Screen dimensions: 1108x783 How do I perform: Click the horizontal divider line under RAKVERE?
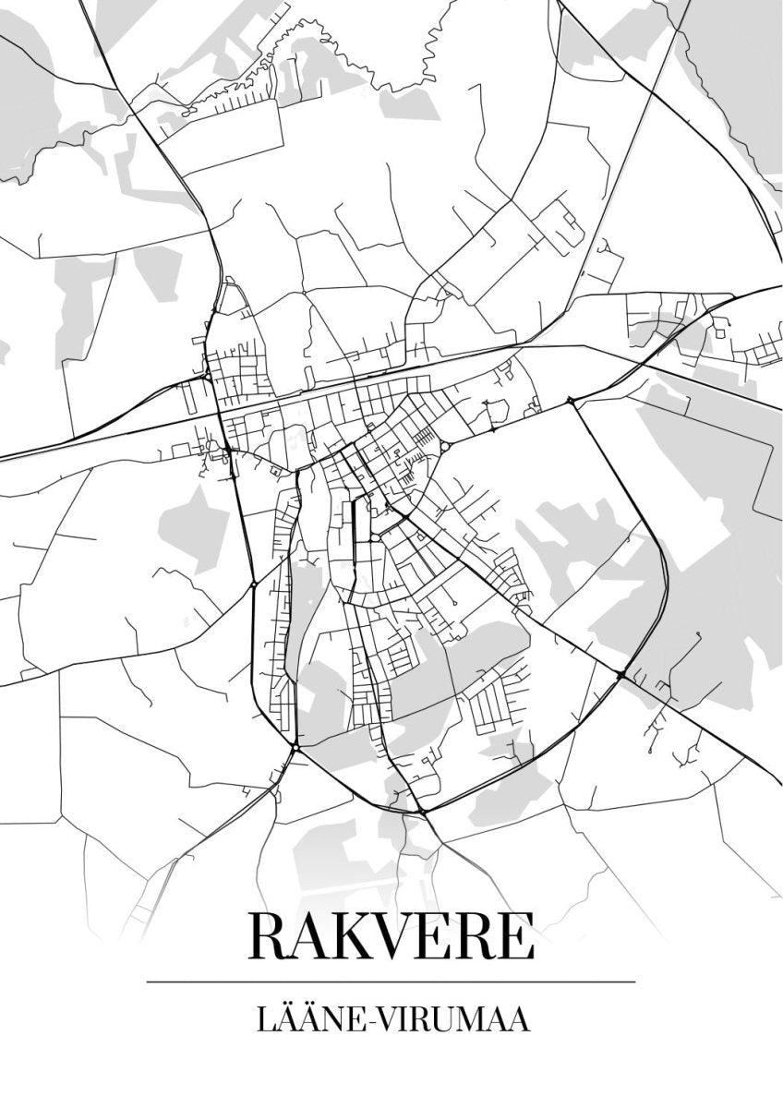pyautogui.click(x=391, y=981)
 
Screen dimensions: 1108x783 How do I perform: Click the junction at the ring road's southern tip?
pyautogui.click(x=421, y=812)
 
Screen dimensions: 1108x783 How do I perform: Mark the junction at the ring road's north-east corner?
pyautogui.click(x=572, y=401)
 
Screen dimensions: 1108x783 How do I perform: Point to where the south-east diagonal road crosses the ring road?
pyautogui.click(x=620, y=676)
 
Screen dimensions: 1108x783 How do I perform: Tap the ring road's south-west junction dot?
pyautogui.click(x=294, y=746)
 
